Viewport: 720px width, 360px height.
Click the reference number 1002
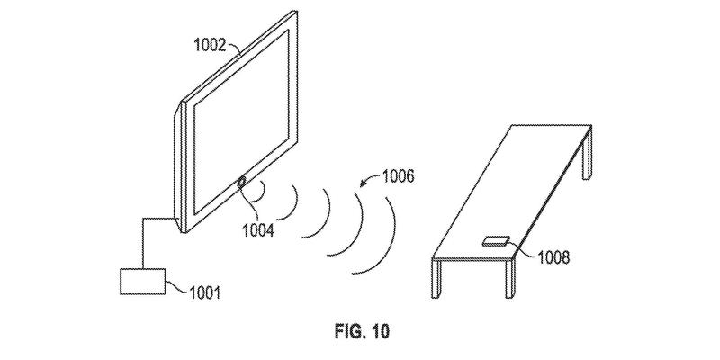coord(210,45)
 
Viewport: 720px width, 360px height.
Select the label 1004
coord(258,229)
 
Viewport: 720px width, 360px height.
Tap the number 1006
coord(397,176)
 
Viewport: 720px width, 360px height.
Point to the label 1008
coord(553,257)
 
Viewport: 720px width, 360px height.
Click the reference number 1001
coord(205,292)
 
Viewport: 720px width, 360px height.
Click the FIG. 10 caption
coord(362,331)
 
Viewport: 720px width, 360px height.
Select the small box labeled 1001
coord(142,281)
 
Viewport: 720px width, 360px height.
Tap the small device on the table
coord(496,240)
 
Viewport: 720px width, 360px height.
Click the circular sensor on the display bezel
coord(241,183)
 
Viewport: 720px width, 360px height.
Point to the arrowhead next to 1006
coord(363,184)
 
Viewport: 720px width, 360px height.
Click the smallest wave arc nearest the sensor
coord(263,191)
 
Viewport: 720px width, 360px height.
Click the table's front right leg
coord(510,279)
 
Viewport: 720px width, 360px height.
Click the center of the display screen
coord(242,122)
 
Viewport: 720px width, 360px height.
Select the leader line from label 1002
coord(234,49)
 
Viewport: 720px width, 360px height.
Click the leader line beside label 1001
coord(177,286)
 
